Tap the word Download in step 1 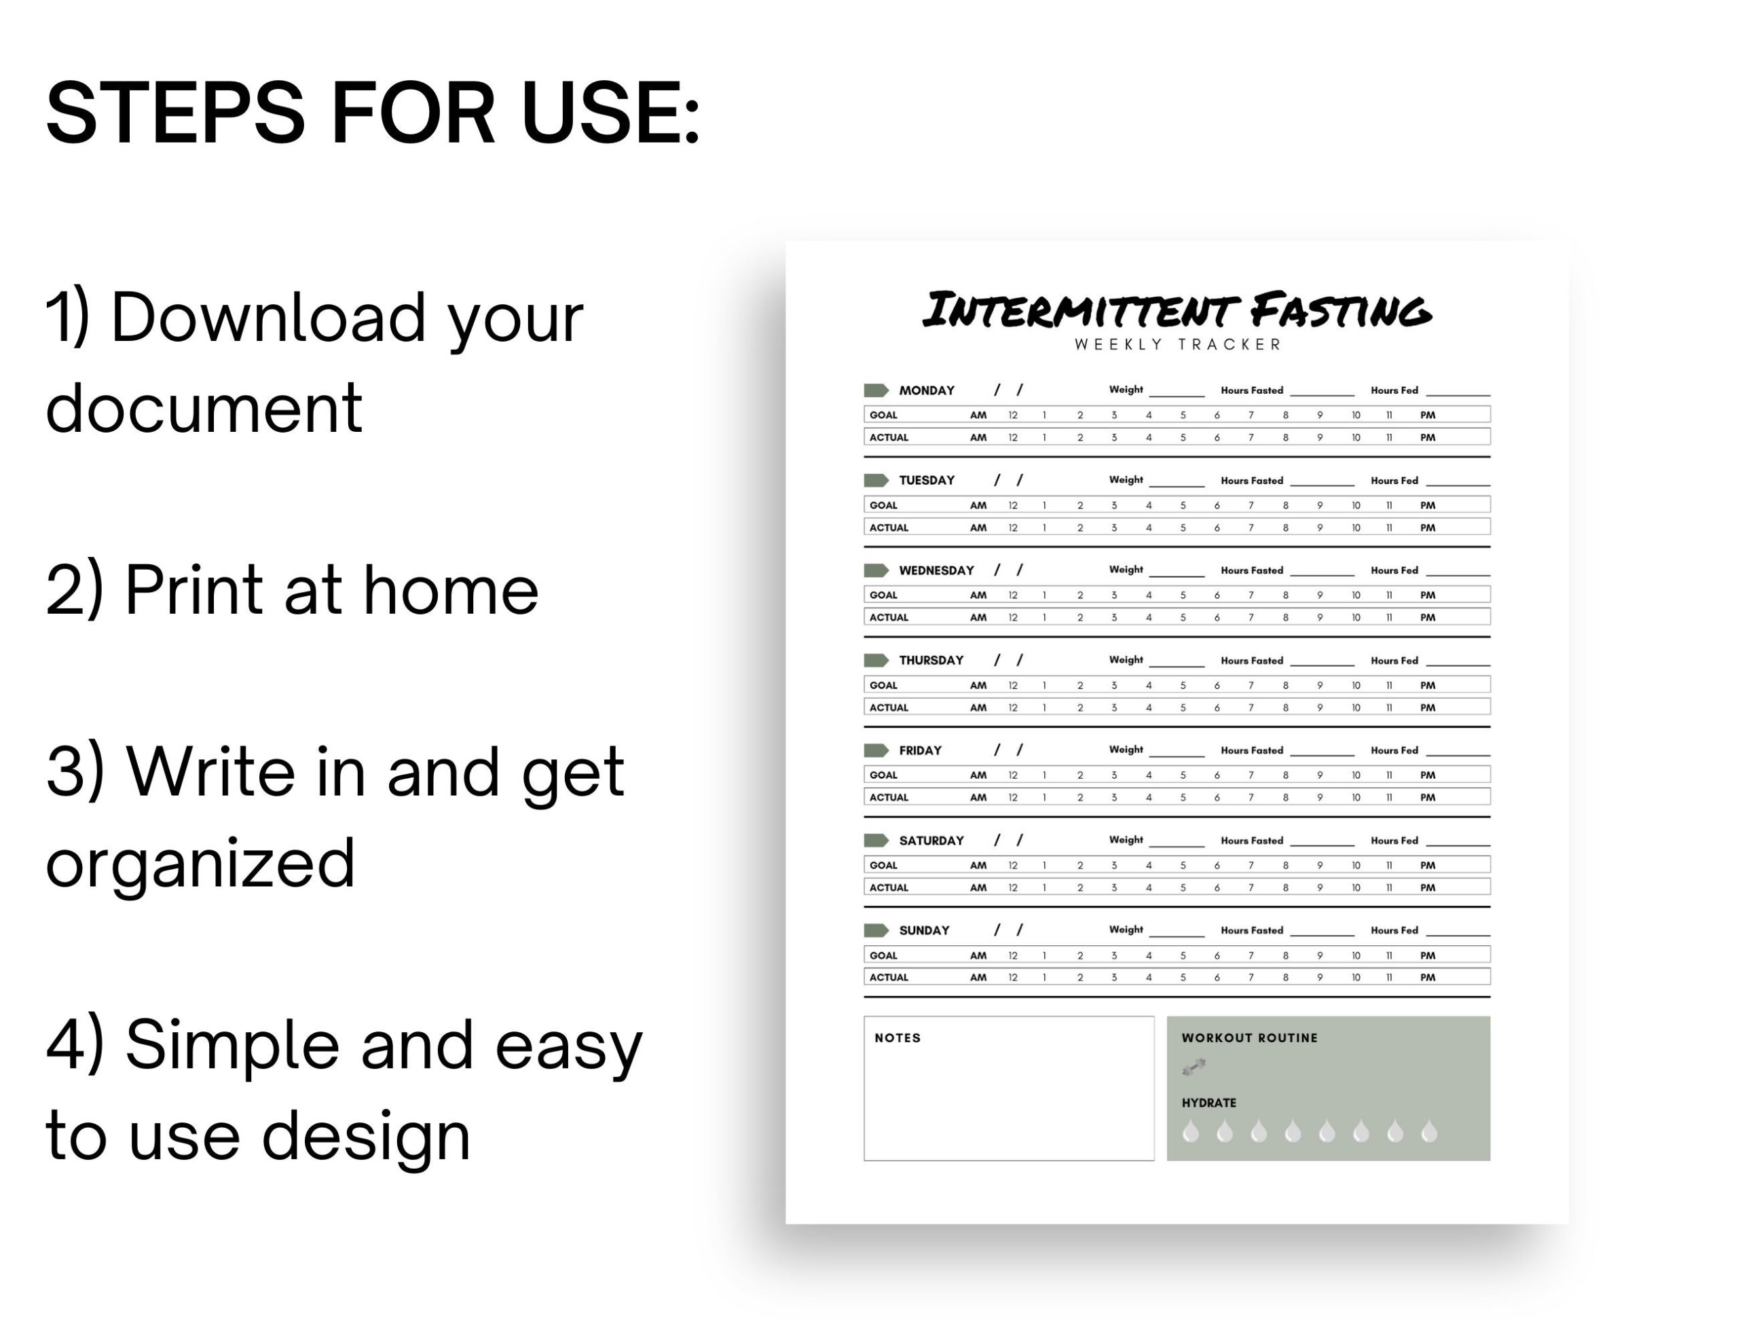tap(268, 318)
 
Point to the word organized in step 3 tap(200, 864)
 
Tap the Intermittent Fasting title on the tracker tap(1176, 310)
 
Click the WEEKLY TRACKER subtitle tap(1177, 344)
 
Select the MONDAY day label tap(926, 390)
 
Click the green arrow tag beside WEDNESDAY tap(875, 570)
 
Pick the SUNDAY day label tap(924, 930)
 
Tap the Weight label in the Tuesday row tap(1125, 480)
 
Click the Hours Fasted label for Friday tap(1252, 750)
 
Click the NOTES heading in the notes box tap(897, 1038)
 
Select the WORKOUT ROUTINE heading tap(1249, 1038)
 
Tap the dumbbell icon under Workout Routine tap(1194, 1067)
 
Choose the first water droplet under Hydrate tap(1191, 1131)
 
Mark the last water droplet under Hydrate tap(1429, 1131)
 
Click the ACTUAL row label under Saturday tap(888, 887)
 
